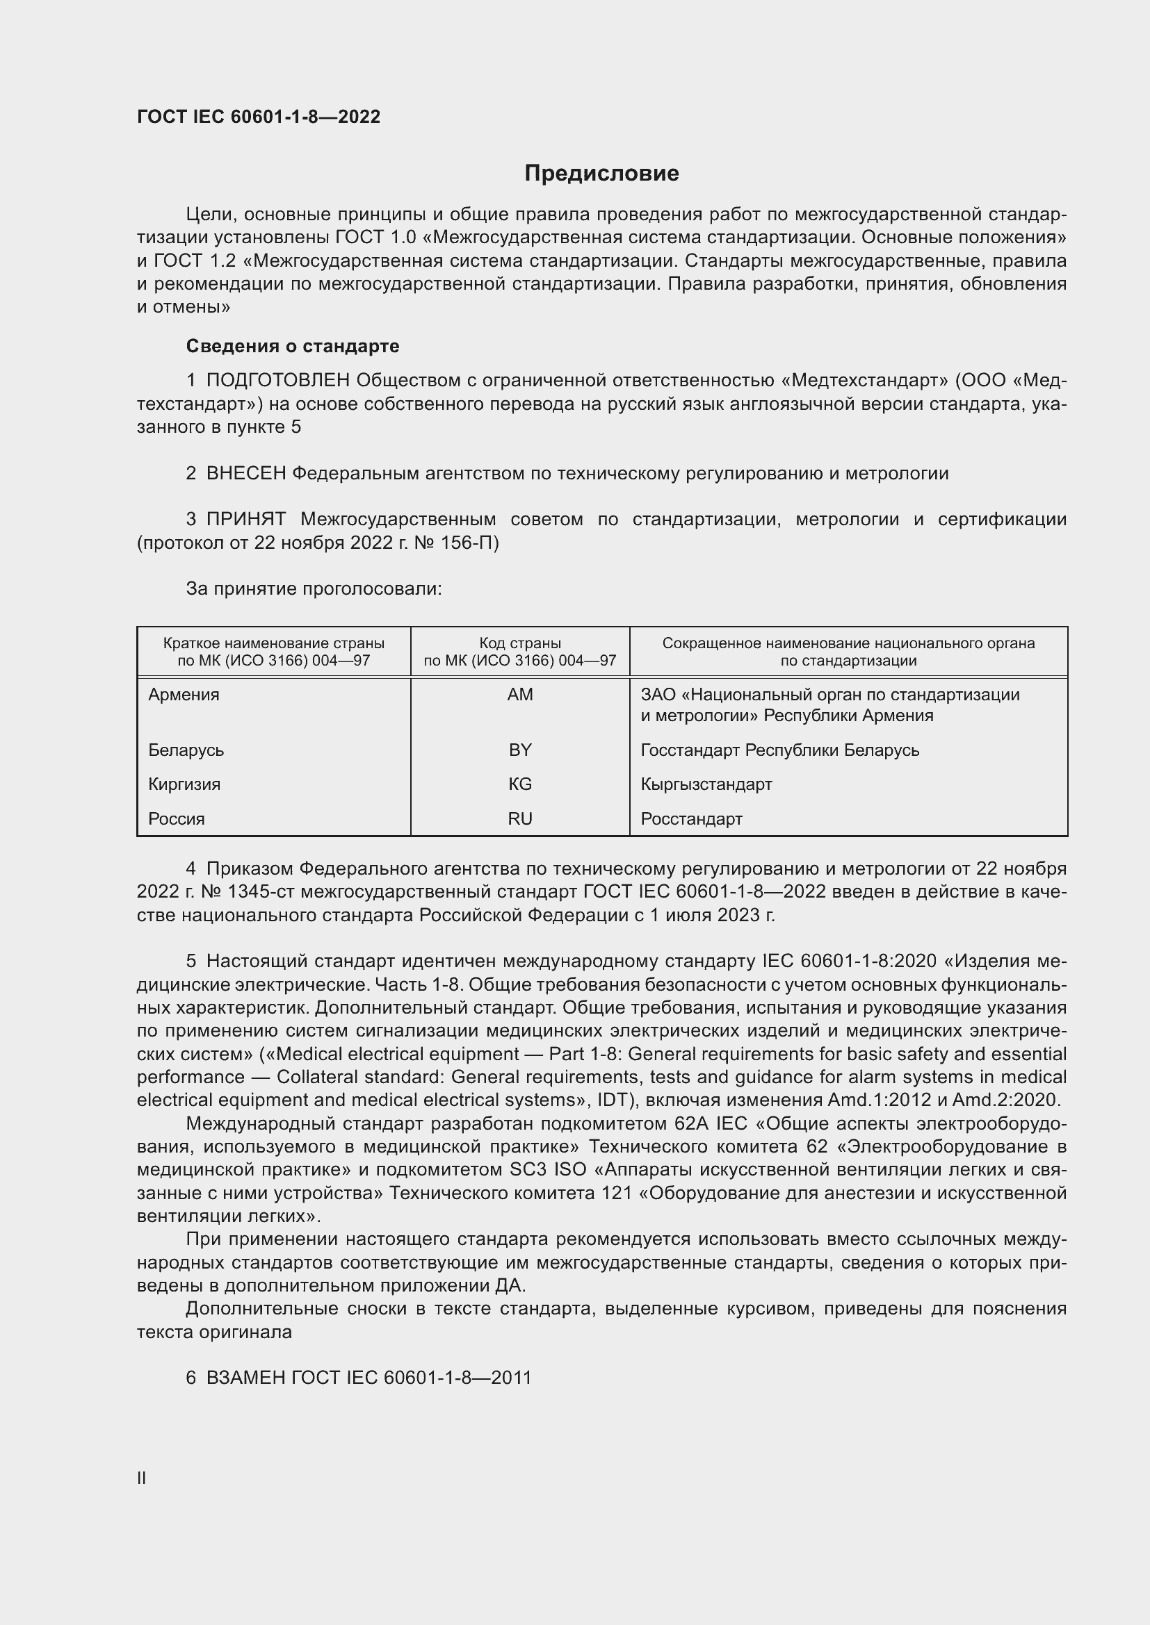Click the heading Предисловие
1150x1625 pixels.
coord(601,174)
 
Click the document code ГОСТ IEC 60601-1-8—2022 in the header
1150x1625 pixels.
coord(259,117)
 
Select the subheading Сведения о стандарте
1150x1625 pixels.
coord(293,346)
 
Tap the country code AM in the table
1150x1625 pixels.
coord(520,694)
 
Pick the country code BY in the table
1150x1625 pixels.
coord(520,750)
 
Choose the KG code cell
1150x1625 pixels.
coord(520,784)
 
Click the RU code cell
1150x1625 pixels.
coord(520,819)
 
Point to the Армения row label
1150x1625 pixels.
coord(184,694)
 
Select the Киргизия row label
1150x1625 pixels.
coord(184,784)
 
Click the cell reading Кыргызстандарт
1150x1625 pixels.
coord(706,784)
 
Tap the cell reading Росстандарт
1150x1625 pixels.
coord(691,819)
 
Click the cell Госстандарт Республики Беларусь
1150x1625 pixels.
coord(779,750)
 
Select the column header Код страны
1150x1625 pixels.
coord(520,643)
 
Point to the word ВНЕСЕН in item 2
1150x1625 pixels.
coord(245,474)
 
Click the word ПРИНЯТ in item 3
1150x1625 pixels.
coord(245,520)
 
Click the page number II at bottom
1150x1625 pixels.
coord(142,1478)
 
